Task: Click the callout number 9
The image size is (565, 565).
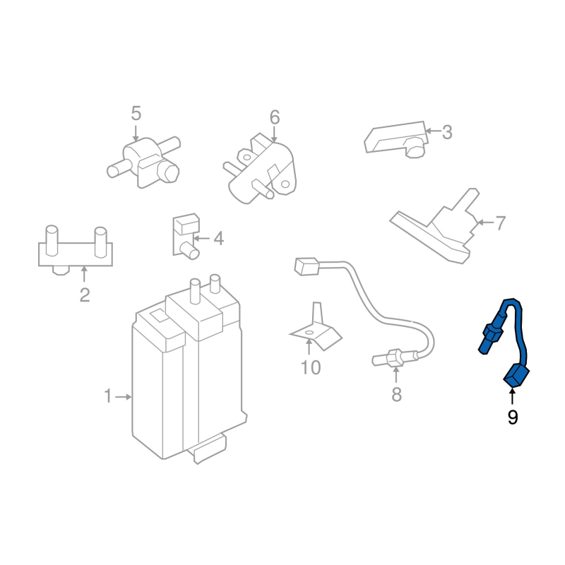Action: click(x=513, y=417)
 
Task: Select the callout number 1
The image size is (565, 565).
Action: click(x=108, y=396)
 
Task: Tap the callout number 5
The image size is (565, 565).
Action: click(x=136, y=113)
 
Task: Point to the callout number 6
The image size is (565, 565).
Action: click(x=275, y=117)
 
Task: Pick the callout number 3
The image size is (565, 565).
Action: click(x=447, y=132)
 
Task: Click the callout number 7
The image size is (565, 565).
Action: click(x=501, y=223)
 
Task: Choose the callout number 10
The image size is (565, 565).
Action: click(x=310, y=367)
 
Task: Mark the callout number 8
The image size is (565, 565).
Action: click(x=396, y=395)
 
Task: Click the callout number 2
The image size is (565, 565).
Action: click(x=84, y=295)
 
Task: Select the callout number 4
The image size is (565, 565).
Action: click(x=219, y=238)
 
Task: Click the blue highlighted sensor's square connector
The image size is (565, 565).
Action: click(x=516, y=376)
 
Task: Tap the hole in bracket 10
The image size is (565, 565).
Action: click(x=309, y=332)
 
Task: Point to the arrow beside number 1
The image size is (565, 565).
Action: click(x=123, y=397)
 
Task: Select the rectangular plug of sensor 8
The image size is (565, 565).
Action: click(x=307, y=266)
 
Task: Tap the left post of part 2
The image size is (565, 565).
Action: click(x=52, y=241)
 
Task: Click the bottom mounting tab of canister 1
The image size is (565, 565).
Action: click(x=210, y=449)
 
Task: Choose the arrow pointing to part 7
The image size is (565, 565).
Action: click(x=485, y=222)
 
